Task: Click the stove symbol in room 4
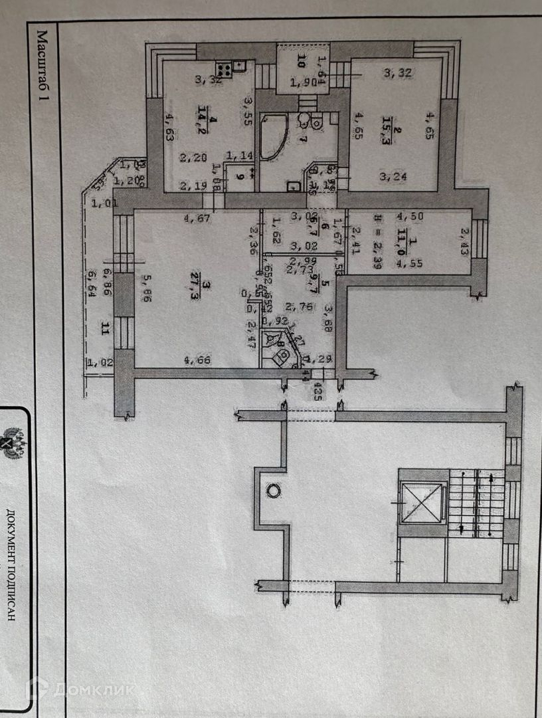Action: coord(223,68)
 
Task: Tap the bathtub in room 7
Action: coord(274,137)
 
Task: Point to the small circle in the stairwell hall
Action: coord(272,491)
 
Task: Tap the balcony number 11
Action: coord(104,327)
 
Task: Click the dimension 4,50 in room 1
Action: coord(410,217)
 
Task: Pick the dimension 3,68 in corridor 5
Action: coord(327,312)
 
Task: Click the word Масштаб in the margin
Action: coord(43,54)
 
